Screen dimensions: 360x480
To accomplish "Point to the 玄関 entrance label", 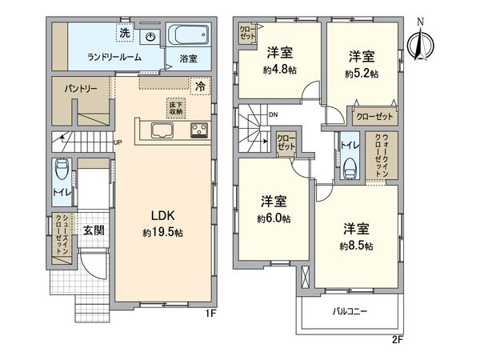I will (93, 230).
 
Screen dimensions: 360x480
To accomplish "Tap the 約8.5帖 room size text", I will (357, 246).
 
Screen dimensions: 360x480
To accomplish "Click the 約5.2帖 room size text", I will (362, 74).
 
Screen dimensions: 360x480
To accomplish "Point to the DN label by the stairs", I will (273, 117).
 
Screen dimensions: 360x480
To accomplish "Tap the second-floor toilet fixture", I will (349, 168).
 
